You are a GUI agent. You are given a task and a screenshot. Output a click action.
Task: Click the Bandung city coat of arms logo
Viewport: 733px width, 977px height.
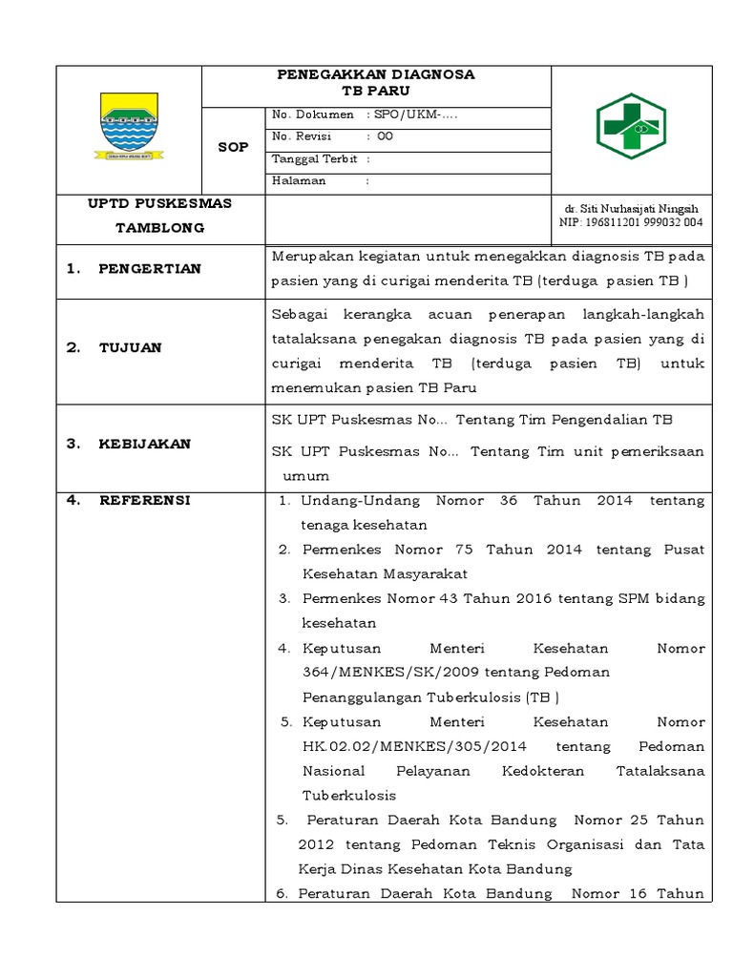(129, 126)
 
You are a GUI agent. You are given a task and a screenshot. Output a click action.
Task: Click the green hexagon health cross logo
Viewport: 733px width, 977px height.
(631, 126)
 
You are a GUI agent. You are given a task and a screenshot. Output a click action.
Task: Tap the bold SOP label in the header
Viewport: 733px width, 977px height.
(233, 147)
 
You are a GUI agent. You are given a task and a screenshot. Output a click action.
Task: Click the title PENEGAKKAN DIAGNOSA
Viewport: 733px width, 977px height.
(375, 74)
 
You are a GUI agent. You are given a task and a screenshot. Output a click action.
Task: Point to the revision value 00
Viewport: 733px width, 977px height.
(386, 136)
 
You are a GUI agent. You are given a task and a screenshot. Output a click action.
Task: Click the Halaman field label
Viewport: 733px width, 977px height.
(299, 180)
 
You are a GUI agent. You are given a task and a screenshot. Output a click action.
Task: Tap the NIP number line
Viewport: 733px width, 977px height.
(630, 222)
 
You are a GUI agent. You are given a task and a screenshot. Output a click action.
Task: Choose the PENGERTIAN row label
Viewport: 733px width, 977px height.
(149, 269)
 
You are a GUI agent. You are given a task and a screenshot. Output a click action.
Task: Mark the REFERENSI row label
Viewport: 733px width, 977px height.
(144, 501)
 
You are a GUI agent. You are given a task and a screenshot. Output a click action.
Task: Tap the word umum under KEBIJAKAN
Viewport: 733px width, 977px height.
(304, 476)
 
